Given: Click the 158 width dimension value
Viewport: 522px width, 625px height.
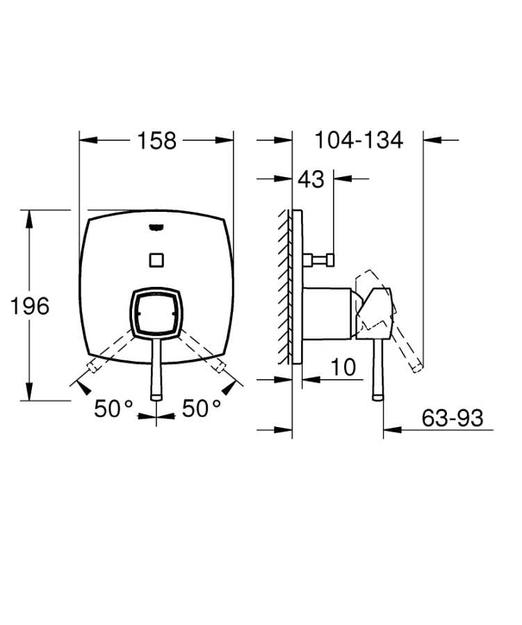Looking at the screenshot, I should click(156, 140).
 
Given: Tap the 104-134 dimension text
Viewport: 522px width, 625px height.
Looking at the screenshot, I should click(359, 140).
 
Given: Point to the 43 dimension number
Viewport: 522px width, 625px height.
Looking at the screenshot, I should click(311, 179).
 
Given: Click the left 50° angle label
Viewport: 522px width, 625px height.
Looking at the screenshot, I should click(113, 409).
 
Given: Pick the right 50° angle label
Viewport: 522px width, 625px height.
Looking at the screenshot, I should click(202, 409).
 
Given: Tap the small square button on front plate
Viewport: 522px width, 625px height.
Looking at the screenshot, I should click(156, 260).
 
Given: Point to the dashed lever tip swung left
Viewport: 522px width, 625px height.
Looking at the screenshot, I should click(90, 366).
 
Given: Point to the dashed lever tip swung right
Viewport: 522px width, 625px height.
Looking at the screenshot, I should click(222, 366).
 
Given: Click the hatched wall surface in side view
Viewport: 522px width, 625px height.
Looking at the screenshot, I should click(285, 285).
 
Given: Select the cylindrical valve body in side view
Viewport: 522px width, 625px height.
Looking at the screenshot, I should click(327, 312).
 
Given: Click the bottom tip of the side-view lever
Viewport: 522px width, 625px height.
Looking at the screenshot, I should click(378, 397).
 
